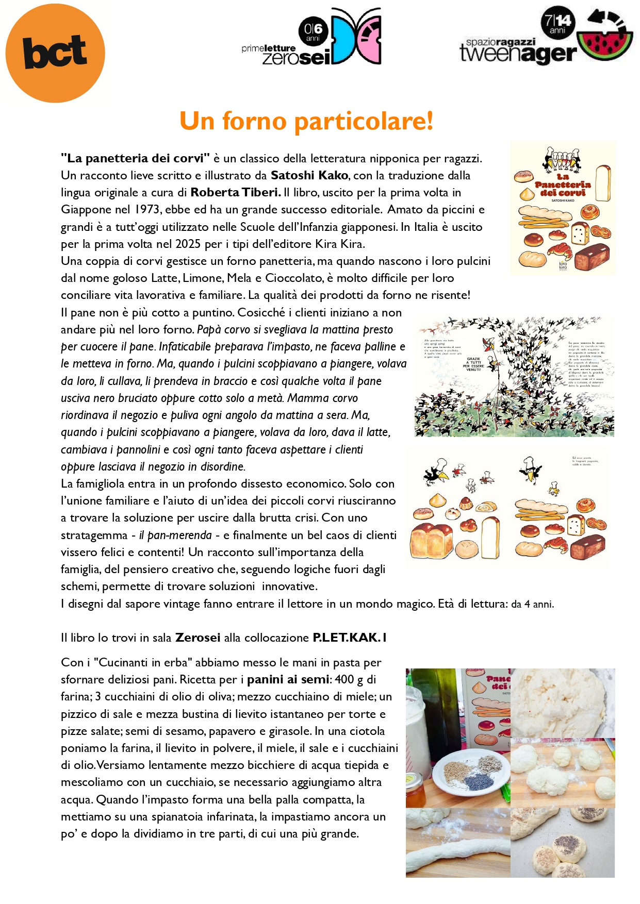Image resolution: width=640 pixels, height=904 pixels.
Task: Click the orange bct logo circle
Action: (55, 53)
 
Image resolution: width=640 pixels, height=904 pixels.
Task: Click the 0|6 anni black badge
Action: (313, 31)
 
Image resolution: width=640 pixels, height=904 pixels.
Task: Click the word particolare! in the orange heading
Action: (364, 121)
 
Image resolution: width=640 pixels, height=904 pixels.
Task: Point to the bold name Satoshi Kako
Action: (309, 175)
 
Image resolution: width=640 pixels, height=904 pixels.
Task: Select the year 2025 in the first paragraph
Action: (188, 244)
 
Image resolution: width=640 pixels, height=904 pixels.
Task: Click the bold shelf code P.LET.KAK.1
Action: (350, 638)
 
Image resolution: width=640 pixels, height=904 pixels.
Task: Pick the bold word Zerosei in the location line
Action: (198, 638)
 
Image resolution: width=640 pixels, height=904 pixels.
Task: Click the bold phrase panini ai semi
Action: (288, 679)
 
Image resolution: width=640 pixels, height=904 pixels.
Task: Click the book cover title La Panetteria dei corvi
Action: (563, 188)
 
